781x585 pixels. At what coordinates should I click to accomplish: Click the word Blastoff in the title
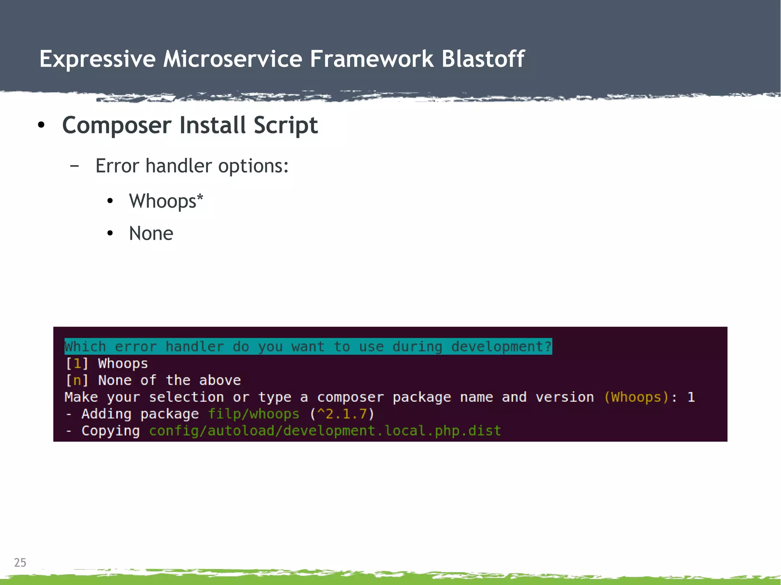point(483,59)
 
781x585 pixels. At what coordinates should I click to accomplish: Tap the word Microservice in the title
point(233,59)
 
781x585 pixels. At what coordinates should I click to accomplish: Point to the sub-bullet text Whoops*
point(166,201)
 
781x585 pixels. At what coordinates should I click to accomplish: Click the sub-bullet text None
point(151,233)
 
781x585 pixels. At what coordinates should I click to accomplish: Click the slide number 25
point(20,563)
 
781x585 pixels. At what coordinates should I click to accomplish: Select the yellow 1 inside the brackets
point(77,364)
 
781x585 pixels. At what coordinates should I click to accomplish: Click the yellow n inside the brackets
point(77,380)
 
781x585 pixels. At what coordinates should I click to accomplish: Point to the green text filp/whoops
point(254,414)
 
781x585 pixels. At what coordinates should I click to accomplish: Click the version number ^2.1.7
point(342,414)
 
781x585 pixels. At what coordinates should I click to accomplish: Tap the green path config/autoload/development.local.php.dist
point(325,431)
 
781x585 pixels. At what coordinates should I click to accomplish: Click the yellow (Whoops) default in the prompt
point(636,397)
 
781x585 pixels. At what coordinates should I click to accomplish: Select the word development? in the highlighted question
point(501,346)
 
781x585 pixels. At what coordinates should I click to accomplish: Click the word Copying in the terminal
point(111,431)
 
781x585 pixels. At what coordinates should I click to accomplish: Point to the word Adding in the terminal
point(106,414)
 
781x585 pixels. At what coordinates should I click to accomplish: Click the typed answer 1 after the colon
point(691,397)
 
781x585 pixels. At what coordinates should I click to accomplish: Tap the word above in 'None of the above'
point(220,380)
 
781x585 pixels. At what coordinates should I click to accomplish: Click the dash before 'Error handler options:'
point(75,166)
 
